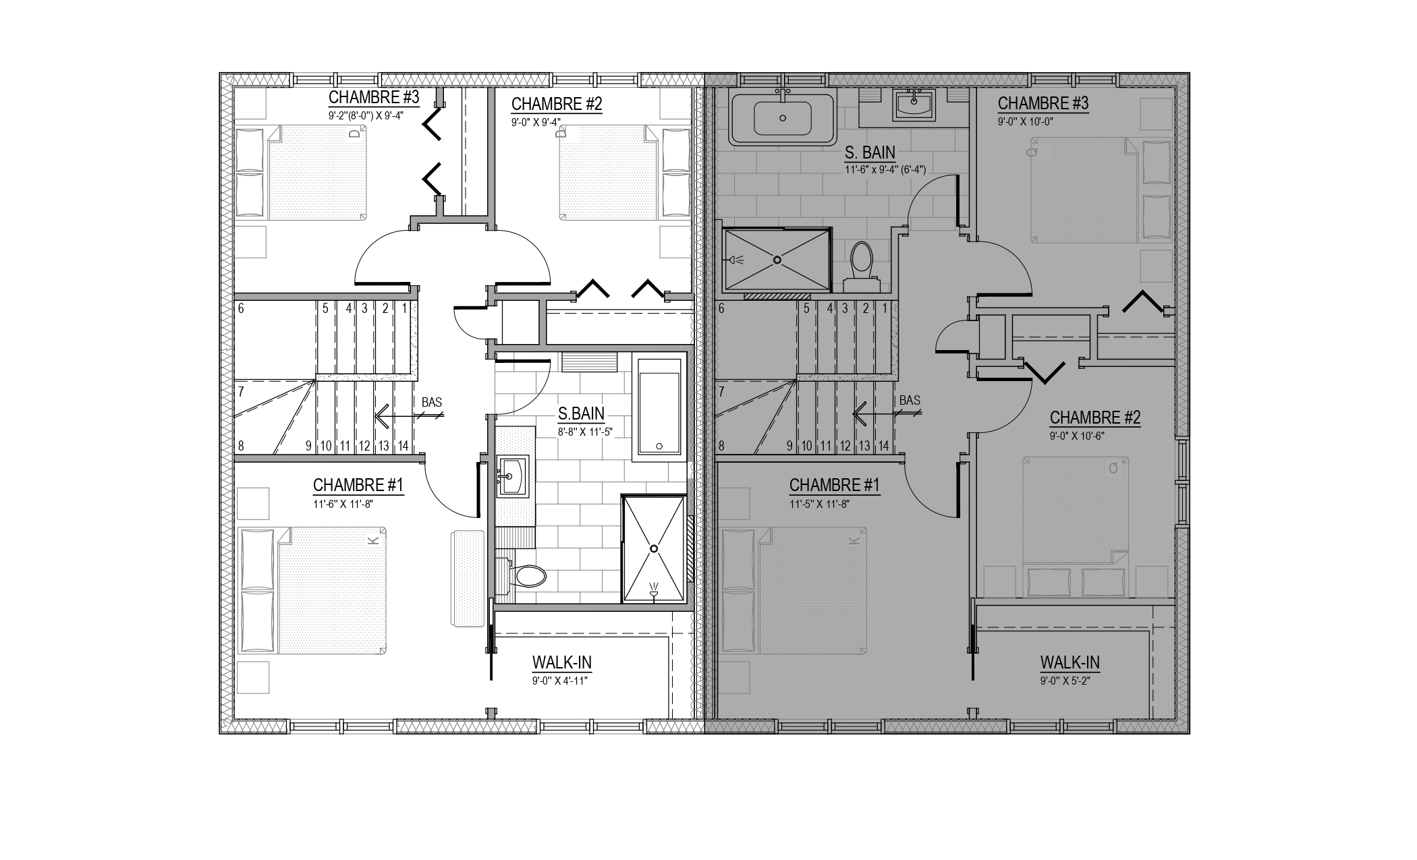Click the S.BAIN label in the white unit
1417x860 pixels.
(581, 413)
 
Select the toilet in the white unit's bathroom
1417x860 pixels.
(523, 575)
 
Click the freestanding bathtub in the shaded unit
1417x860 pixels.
(783, 119)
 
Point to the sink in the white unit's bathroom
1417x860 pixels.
(513, 476)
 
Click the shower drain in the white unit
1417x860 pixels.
(653, 549)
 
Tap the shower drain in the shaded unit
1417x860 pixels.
(777, 260)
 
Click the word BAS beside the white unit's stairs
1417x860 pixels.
(432, 403)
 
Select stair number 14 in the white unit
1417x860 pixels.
(403, 446)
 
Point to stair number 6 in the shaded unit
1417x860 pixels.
(721, 309)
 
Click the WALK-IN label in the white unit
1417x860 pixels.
(562, 663)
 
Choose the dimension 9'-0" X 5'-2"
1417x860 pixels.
(1065, 681)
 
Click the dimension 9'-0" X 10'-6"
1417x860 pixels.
(1078, 436)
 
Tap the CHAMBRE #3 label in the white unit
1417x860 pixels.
(374, 97)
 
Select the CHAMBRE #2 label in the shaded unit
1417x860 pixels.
(1095, 418)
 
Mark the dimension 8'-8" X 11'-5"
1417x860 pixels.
(585, 432)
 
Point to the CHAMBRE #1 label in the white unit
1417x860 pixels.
(358, 485)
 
